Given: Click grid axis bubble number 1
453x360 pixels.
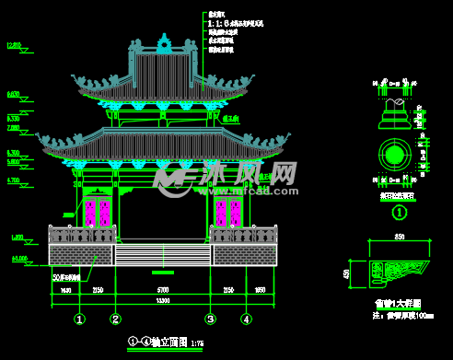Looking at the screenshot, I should (x=80, y=319).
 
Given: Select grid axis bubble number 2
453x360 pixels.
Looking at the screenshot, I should (x=115, y=319).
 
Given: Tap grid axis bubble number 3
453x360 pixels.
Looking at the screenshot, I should (x=211, y=319).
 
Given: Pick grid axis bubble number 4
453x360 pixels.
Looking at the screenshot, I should (x=246, y=319).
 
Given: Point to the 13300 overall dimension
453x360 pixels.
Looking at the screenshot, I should (x=163, y=301).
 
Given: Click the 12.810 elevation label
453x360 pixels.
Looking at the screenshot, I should (x=14, y=45).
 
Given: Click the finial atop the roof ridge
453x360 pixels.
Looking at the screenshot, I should (x=164, y=41).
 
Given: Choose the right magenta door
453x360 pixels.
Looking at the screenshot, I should (x=227, y=213).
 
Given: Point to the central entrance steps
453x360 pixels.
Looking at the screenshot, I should (x=163, y=255).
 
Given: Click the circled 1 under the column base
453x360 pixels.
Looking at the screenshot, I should (x=400, y=213).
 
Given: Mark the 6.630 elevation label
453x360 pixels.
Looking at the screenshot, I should (x=14, y=95).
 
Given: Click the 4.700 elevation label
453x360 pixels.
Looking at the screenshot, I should (x=14, y=181).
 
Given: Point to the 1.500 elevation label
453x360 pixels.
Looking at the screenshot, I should (x=17, y=238).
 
